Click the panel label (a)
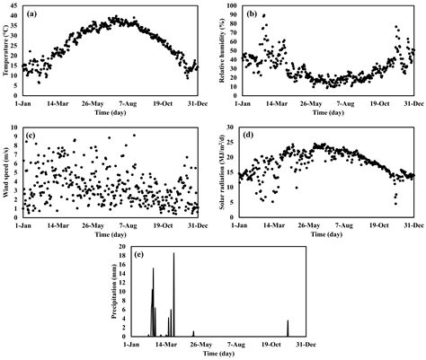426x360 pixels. tap(33, 13)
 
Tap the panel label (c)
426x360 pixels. tap(32, 136)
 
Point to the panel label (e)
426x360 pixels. tap(139, 255)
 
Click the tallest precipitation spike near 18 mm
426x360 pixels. tap(173, 255)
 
